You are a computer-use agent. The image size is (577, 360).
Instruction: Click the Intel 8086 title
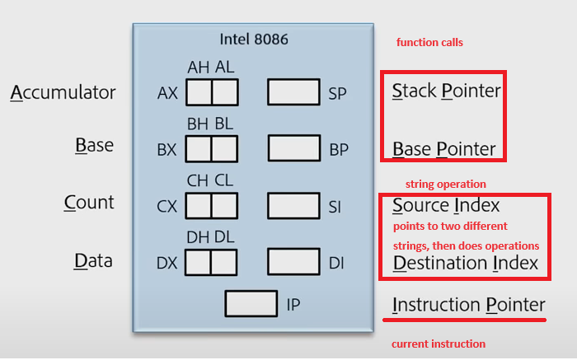253,39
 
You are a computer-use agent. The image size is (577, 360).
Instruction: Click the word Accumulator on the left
63,92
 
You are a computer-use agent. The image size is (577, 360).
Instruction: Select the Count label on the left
89,203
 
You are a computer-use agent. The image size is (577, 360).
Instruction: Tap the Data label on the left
93,260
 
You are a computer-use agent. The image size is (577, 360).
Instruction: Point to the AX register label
167,93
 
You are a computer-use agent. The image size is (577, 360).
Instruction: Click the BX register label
167,150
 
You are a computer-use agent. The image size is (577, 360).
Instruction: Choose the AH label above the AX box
198,68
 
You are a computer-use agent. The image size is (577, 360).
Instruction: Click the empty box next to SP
293,92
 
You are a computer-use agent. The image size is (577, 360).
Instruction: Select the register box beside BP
293,148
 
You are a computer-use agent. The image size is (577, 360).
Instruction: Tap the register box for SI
293,205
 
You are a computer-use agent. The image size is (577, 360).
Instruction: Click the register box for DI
293,262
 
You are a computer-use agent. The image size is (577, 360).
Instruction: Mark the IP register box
251,303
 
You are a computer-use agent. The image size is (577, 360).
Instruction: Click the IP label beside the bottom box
293,305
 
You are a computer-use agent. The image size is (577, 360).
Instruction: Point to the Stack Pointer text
446,91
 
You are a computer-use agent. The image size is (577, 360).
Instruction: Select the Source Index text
446,205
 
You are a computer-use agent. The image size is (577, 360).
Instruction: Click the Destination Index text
465,264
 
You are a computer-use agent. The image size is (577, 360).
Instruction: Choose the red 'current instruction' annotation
438,344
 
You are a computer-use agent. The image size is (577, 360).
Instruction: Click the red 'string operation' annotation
445,184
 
